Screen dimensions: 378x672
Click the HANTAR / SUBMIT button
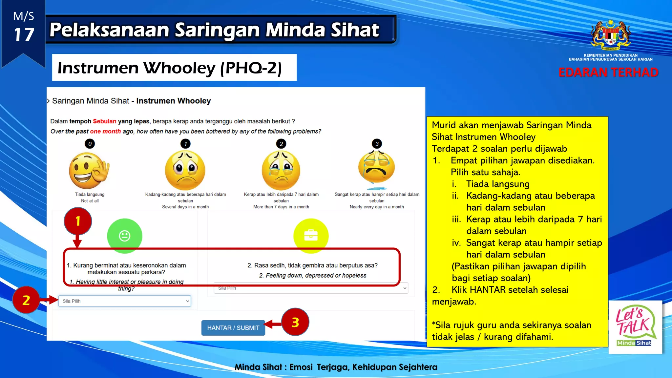point(233,327)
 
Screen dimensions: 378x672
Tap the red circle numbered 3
point(295,322)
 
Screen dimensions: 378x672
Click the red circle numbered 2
point(26,300)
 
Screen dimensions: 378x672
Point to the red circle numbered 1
point(78,221)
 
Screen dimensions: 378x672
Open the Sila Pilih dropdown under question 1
point(124,301)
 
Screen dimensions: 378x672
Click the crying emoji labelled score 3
point(377,167)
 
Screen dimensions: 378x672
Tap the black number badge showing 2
point(281,144)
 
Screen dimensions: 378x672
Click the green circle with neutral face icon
point(124,236)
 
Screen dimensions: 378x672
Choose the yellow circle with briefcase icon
point(310,236)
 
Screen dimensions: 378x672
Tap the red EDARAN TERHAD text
point(608,72)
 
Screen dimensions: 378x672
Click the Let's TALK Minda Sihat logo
point(635,327)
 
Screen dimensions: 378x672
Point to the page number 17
point(24,34)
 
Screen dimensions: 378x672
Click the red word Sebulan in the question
point(104,121)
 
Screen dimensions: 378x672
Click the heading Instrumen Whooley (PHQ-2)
point(169,68)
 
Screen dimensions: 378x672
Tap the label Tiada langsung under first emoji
point(90,194)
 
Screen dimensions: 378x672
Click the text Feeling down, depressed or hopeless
point(316,275)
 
